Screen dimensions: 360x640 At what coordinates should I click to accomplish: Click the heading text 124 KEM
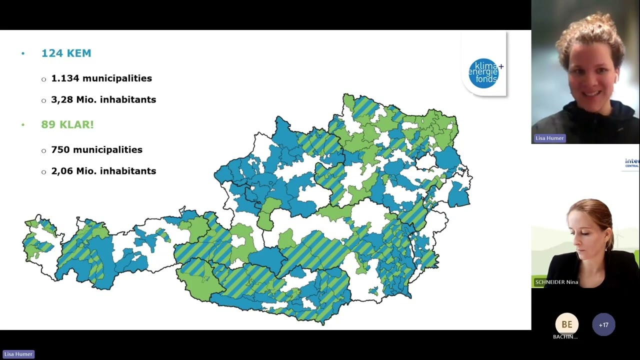(x=66, y=53)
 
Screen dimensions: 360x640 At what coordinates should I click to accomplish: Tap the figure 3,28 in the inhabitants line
(x=62, y=100)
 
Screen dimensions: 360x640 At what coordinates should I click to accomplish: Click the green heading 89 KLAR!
(x=67, y=125)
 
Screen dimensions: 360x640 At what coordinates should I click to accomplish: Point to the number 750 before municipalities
(x=60, y=150)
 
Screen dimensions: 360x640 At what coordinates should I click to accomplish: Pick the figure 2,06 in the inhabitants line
(x=62, y=171)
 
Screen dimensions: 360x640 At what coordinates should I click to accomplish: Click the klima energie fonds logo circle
(x=483, y=73)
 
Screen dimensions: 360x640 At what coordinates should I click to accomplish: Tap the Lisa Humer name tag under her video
(x=549, y=138)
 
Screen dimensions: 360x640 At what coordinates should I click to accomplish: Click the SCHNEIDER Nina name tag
(x=556, y=282)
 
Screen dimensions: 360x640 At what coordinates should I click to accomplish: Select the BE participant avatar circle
(x=566, y=324)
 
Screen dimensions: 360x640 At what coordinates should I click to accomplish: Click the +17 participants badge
(x=603, y=325)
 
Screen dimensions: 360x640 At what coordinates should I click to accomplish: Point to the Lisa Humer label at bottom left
(x=18, y=354)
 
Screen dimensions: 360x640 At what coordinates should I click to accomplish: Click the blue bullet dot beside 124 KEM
(x=23, y=53)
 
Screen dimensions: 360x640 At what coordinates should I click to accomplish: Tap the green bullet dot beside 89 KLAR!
(x=23, y=125)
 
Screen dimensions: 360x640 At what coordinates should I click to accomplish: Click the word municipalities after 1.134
(x=117, y=78)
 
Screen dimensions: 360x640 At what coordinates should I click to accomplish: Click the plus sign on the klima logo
(x=501, y=66)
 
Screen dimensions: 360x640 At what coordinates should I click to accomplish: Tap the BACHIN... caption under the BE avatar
(x=565, y=337)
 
